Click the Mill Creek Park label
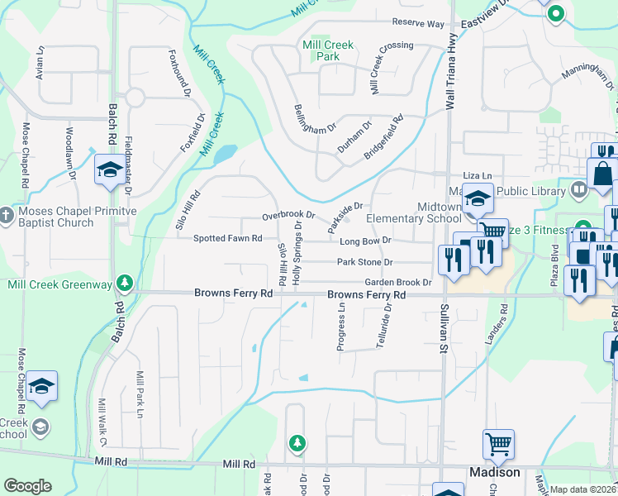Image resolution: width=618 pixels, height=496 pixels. (x=321, y=50)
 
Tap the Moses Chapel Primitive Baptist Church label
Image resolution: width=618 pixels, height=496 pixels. (x=74, y=217)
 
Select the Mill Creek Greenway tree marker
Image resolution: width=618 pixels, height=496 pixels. (x=125, y=284)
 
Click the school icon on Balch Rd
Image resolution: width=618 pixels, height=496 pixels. (x=109, y=169)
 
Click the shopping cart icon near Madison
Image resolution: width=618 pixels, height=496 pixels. (x=498, y=445)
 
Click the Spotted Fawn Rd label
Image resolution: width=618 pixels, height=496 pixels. (x=227, y=239)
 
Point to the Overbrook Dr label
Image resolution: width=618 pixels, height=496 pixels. (x=288, y=215)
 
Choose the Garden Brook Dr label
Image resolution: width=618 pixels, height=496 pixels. (x=392, y=282)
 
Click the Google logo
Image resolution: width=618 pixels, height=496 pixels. (x=28, y=486)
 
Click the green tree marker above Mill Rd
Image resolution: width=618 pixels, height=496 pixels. (x=297, y=444)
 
